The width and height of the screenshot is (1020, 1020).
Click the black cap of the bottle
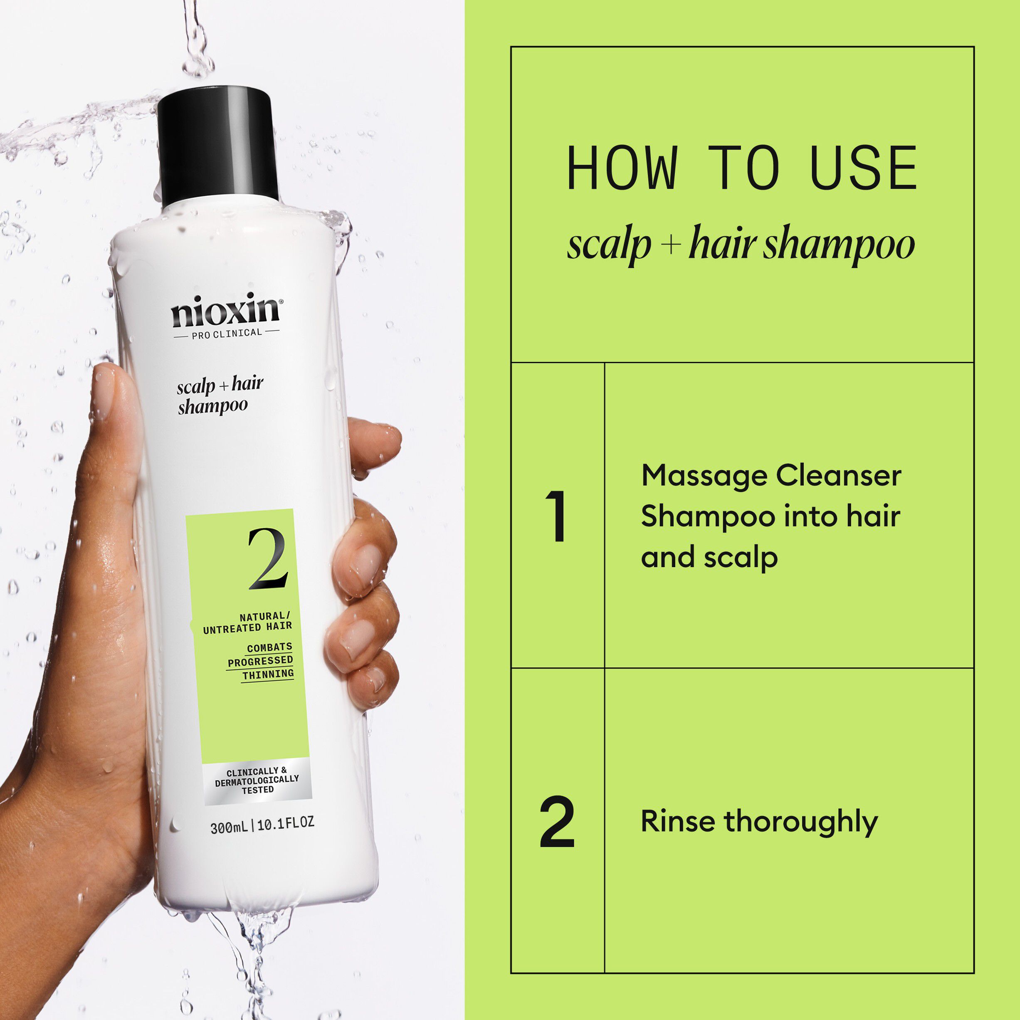[x=217, y=145]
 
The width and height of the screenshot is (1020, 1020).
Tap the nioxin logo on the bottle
[x=225, y=311]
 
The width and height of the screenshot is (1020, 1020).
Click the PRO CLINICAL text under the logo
[x=227, y=333]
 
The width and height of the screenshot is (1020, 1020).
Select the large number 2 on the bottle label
[x=268, y=559]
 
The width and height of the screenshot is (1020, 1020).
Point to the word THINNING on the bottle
[x=268, y=674]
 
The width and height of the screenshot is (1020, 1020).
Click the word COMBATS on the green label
[x=270, y=647]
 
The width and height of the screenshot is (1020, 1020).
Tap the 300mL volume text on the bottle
[x=229, y=828]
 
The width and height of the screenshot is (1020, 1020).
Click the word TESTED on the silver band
[x=258, y=790]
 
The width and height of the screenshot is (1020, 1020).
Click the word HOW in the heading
[x=621, y=168]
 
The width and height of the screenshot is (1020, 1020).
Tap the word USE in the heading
[x=864, y=168]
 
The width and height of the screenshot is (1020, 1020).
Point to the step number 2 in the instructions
[x=557, y=822]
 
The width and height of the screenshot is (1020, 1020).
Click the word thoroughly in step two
[x=800, y=822]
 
